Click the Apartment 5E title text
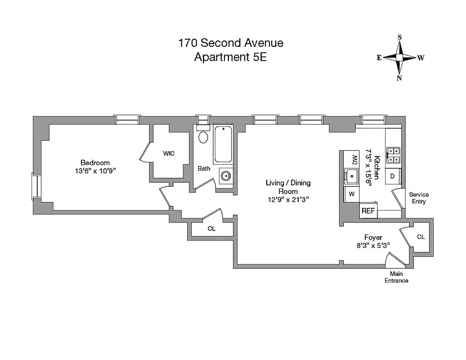230,57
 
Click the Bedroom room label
95,162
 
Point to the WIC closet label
169,153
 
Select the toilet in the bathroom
203,136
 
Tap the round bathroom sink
225,175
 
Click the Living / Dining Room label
288,187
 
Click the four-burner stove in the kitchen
394,155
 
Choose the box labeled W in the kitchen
351,194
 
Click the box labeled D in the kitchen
392,176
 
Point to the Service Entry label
418,198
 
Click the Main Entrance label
396,277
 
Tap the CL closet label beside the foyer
421,237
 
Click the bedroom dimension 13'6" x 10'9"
95,171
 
